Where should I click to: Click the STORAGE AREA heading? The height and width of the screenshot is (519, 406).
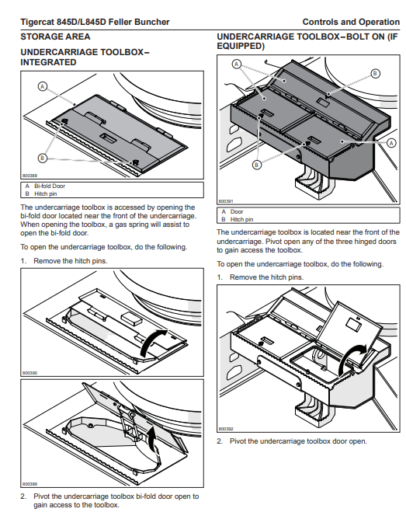click(55, 37)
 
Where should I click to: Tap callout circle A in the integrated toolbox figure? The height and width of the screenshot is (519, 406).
click(43, 87)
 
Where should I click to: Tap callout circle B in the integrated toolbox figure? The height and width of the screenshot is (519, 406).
click(43, 158)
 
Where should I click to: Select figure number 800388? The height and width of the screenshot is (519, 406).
click(29, 176)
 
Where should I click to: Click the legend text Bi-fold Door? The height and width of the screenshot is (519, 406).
click(50, 186)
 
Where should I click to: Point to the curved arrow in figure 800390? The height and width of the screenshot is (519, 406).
click(152, 343)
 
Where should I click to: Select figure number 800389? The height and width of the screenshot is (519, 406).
click(29, 484)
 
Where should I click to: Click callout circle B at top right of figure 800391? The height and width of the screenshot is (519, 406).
click(375, 74)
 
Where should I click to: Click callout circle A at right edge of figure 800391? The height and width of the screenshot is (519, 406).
click(391, 143)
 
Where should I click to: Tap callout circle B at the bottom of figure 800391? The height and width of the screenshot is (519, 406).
click(257, 165)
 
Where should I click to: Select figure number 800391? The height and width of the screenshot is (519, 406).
click(226, 201)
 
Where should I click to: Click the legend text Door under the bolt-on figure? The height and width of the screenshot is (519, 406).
click(237, 211)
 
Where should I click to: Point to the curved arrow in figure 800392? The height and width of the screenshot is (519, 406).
click(350, 357)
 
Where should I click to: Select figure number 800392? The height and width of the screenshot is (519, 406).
click(226, 429)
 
